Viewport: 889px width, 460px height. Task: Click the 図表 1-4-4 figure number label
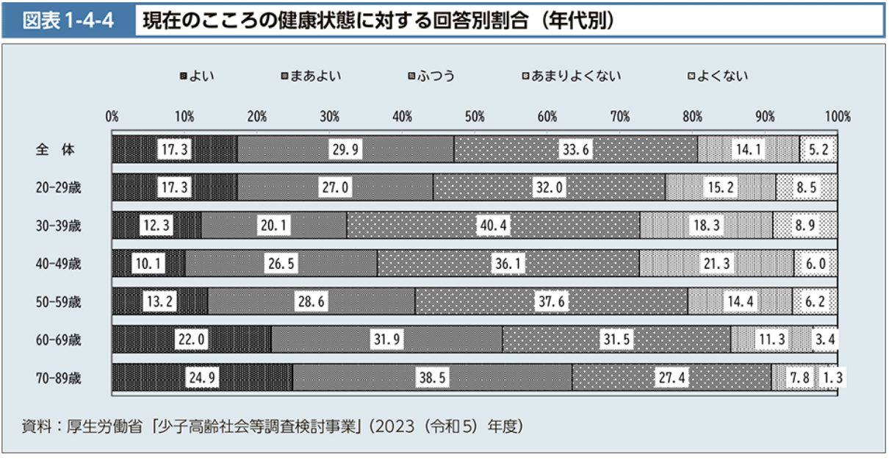pos(68,21)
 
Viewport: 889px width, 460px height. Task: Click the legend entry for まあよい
pos(311,76)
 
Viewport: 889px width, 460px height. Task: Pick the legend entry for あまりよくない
pos(571,76)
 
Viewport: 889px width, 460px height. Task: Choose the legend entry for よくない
pos(717,76)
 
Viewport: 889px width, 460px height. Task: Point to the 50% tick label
pos(475,116)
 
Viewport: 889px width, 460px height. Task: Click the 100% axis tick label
pos(837,116)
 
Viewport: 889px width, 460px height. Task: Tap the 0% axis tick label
pos(112,116)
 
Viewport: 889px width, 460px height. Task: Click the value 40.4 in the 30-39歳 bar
pos(494,226)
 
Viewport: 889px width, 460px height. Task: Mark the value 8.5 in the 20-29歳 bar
pos(806,187)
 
